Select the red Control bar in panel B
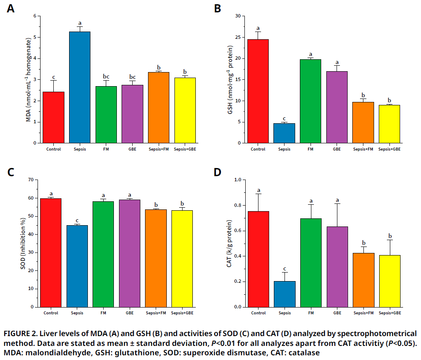(258, 91)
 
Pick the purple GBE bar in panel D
(337, 267)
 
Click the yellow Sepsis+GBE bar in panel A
(185, 110)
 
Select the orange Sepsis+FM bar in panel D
(364, 280)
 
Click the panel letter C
(11, 173)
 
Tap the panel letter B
(218, 9)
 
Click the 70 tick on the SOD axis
(30, 180)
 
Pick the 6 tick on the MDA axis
(35, 16)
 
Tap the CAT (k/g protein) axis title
(229, 244)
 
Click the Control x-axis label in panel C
(51, 313)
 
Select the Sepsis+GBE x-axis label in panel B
(390, 149)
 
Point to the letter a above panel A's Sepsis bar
(80, 23)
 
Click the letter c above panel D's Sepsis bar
(285, 269)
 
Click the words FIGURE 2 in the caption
(20, 333)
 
